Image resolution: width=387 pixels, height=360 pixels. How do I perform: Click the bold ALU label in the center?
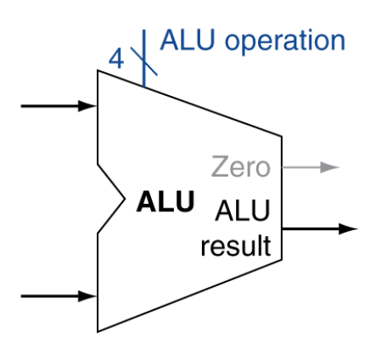coord(166,204)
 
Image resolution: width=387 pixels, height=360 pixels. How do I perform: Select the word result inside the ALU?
coord(235,247)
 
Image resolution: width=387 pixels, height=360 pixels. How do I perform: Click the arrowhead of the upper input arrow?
coord(91,106)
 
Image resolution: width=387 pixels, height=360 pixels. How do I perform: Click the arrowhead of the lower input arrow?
coord(91,296)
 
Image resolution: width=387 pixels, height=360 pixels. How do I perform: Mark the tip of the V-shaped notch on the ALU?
coord(129,201)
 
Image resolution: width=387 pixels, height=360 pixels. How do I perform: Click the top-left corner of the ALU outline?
coord(98,70)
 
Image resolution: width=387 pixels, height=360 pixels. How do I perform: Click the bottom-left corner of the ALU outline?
coord(98,331)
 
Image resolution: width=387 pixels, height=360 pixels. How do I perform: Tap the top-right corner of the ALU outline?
coord(282,135)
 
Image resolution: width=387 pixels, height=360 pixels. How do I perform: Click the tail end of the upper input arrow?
coord(21,106)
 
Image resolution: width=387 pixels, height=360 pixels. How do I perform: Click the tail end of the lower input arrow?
coord(21,296)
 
